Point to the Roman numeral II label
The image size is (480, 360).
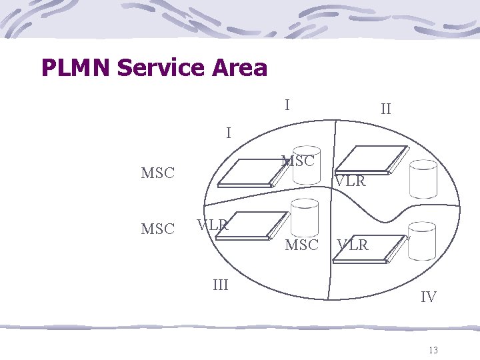point(385,109)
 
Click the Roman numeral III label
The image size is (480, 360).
point(220,285)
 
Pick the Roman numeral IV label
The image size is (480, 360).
point(428,297)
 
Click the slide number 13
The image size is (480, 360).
point(433,351)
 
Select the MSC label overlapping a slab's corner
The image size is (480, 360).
point(297,161)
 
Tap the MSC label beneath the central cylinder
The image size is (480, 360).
point(301,245)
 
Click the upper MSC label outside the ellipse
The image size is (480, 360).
point(157,173)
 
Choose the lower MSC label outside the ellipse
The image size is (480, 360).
point(157,229)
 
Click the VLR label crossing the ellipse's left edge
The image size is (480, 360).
point(213,225)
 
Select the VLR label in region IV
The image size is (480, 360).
point(353,245)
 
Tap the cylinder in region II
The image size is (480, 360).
point(423,179)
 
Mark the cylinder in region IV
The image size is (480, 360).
point(422,241)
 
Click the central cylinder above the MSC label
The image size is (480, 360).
point(305,217)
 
